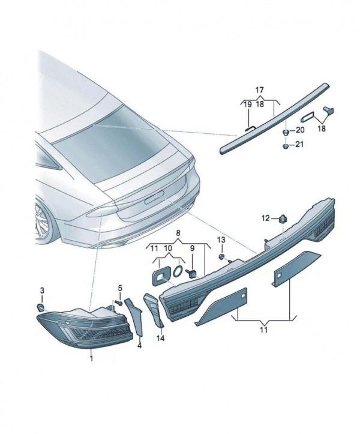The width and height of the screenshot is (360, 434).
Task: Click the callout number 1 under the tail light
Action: pyautogui.click(x=91, y=359)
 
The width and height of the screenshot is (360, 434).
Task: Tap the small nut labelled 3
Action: pyautogui.click(x=41, y=307)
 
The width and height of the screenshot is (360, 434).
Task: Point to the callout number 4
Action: pyautogui.click(x=140, y=345)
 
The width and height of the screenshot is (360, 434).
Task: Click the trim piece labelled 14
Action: pyautogui.click(x=154, y=310)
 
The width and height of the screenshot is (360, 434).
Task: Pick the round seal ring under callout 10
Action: pyautogui.click(x=178, y=271)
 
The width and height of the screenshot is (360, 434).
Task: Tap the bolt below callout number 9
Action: pyautogui.click(x=191, y=273)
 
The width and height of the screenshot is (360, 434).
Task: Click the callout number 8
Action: pyautogui.click(x=178, y=233)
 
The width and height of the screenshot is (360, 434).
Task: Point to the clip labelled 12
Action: pyautogui.click(x=283, y=219)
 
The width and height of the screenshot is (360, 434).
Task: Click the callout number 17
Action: pyautogui.click(x=260, y=90)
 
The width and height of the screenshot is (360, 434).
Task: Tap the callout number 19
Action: pyautogui.click(x=247, y=104)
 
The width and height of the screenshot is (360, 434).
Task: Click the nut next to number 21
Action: pyautogui.click(x=286, y=146)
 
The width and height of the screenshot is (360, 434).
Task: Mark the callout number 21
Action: pyautogui.click(x=299, y=144)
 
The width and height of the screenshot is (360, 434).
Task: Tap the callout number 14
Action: pyautogui.click(x=161, y=338)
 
